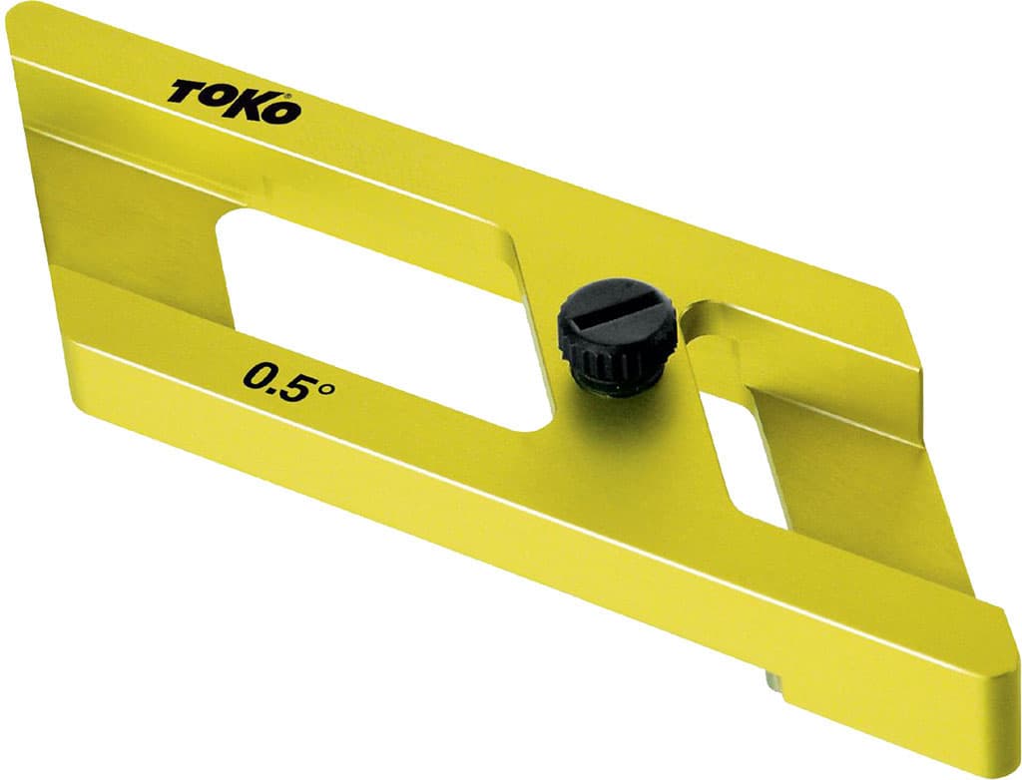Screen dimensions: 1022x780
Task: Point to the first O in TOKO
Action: pos(217,98)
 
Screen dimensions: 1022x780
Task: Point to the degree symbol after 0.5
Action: pos(326,389)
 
